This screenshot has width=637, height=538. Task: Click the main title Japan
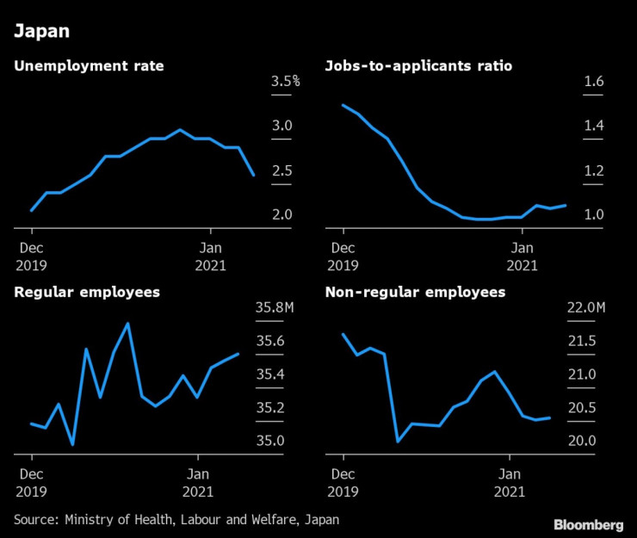point(40,33)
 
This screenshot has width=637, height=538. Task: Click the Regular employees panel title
point(87,293)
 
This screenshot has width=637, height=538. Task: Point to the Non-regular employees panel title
point(415,293)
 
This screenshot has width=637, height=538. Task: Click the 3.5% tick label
point(285,82)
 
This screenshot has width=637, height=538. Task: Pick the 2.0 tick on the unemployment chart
point(281,214)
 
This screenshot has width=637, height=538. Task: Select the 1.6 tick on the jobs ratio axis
point(595,82)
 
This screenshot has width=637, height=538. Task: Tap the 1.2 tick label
point(595,170)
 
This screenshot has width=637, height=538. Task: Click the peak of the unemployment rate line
point(180,130)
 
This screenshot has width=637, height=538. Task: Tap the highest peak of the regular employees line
point(128,324)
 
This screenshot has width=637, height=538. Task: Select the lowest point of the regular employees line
point(72,444)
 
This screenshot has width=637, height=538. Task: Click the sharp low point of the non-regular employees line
point(398,442)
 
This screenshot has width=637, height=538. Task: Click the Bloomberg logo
point(588,524)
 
